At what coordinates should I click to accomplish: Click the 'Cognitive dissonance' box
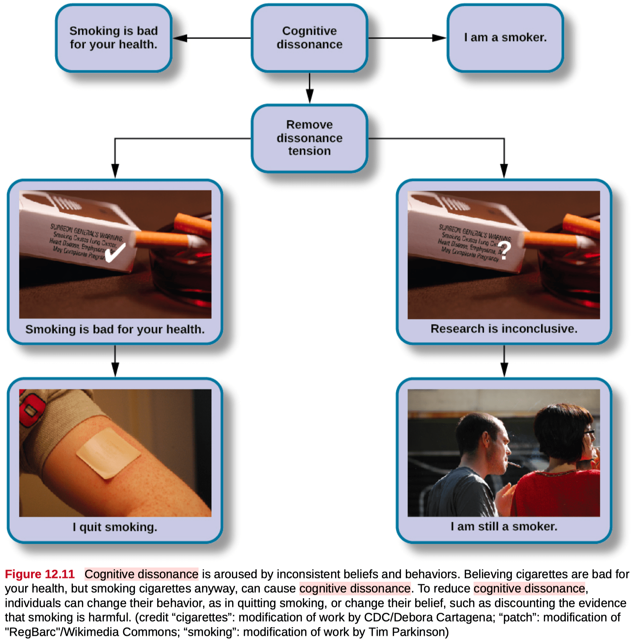(309, 38)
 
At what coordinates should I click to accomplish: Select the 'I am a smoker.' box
(505, 38)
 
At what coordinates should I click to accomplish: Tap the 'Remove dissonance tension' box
(309, 138)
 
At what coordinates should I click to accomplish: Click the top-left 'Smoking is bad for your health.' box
(113, 38)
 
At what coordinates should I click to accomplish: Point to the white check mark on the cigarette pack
(115, 252)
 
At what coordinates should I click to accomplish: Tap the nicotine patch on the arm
(108, 453)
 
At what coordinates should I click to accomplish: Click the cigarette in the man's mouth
(514, 464)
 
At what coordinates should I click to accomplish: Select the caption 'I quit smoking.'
(115, 527)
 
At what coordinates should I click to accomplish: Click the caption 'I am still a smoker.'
(504, 526)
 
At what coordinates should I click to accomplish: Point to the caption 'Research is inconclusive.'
(504, 329)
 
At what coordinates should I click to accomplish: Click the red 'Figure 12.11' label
(40, 574)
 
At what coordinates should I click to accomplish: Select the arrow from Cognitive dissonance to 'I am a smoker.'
(407, 38)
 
